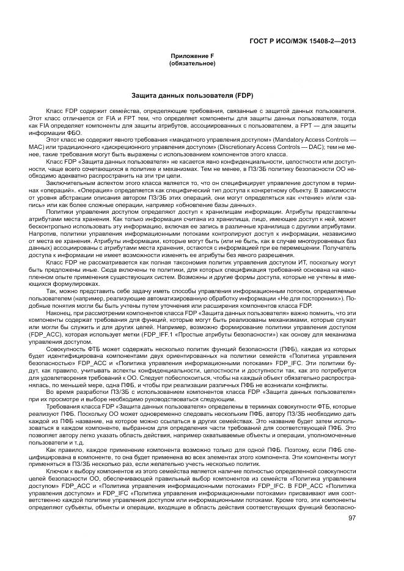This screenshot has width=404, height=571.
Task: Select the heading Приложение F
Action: (x=192, y=56)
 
